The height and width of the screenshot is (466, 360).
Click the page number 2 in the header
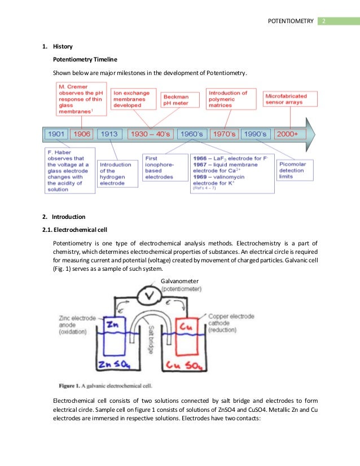(x=324, y=21)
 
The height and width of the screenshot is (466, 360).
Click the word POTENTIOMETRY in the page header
(x=290, y=21)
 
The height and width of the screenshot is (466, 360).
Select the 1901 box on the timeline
(x=56, y=134)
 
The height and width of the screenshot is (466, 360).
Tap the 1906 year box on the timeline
(x=81, y=134)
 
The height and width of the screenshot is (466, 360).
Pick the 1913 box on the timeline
(x=109, y=134)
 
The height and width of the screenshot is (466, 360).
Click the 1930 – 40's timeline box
(x=151, y=134)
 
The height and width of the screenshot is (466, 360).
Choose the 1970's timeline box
(x=224, y=134)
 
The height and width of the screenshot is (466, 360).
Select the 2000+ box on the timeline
(x=291, y=134)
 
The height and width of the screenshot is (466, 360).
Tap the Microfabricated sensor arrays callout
(x=290, y=99)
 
